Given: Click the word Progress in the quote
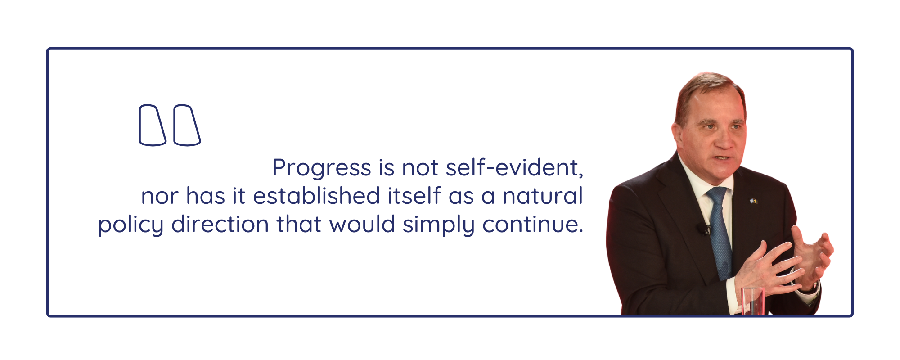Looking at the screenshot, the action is pyautogui.click(x=322, y=168).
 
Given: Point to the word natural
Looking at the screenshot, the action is pyautogui.click(x=543, y=196).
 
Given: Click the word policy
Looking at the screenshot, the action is pyautogui.click(x=131, y=225).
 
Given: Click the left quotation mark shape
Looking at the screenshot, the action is pyautogui.click(x=153, y=125).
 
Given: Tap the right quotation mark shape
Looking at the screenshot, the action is pyautogui.click(x=187, y=125).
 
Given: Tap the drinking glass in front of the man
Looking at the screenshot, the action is pyautogui.click(x=752, y=301).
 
